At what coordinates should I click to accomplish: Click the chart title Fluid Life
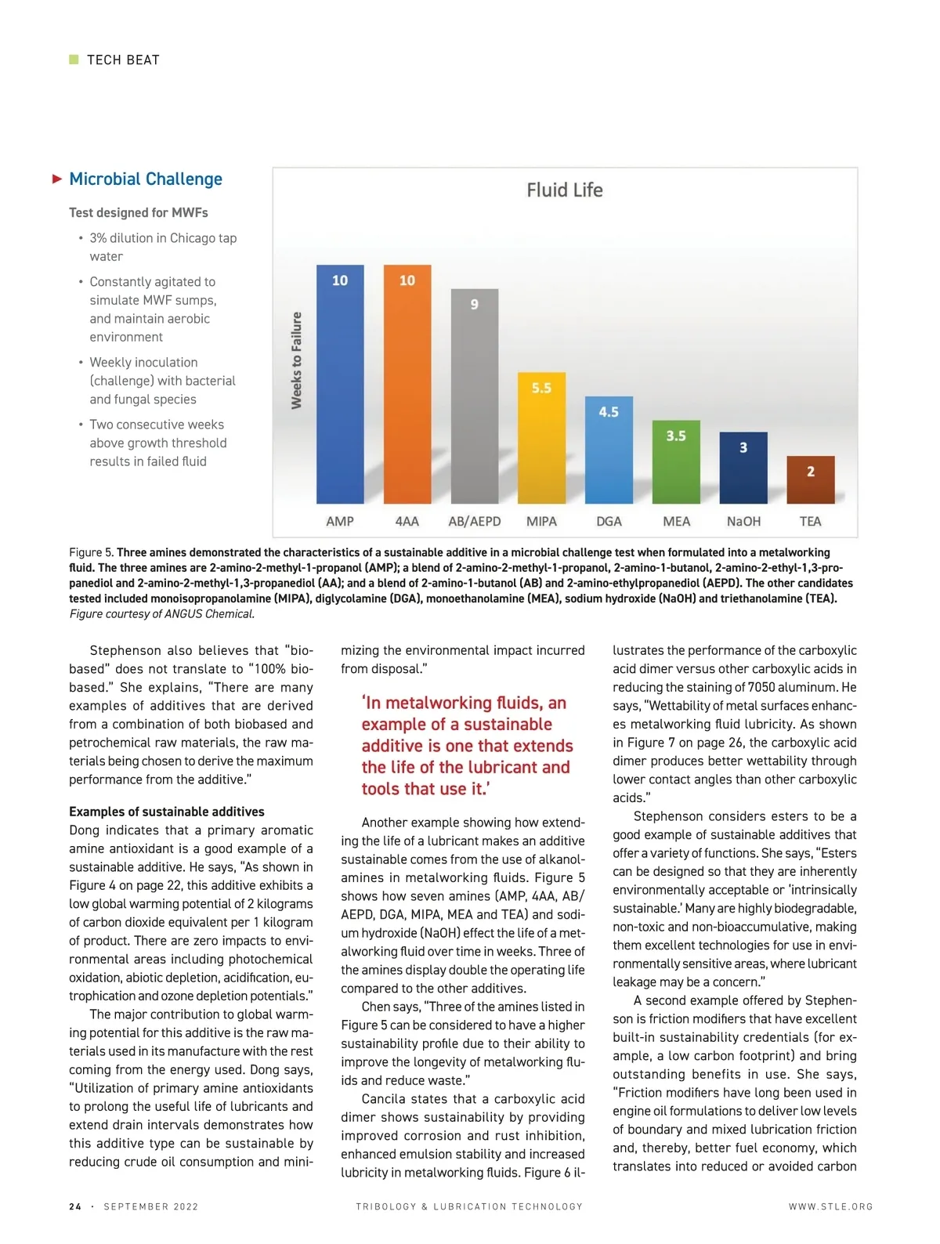(x=564, y=190)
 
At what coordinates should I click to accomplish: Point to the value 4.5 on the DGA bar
(x=609, y=412)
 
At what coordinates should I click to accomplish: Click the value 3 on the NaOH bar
(x=743, y=447)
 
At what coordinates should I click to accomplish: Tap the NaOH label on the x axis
(x=743, y=522)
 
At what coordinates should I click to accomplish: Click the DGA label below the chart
(x=609, y=522)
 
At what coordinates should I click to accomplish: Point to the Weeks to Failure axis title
(x=297, y=360)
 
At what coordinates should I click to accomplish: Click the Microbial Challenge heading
(x=146, y=179)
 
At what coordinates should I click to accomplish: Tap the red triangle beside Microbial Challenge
(x=57, y=179)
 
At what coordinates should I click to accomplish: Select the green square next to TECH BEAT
(x=74, y=60)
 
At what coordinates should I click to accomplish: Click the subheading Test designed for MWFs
(x=139, y=212)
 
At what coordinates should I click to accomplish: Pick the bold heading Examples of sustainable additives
(x=167, y=812)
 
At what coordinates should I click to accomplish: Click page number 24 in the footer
(x=75, y=1206)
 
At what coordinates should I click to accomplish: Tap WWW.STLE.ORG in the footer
(x=830, y=1206)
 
